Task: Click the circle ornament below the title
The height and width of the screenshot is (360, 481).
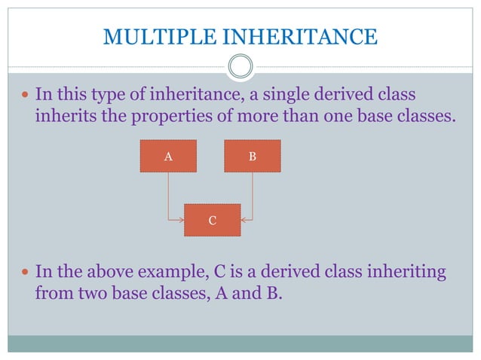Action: (240, 67)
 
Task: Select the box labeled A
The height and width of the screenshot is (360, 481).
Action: (168, 157)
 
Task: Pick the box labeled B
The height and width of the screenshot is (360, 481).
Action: (253, 157)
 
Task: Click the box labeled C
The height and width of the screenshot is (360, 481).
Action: (213, 220)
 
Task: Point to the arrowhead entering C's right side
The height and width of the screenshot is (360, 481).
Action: (245, 220)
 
